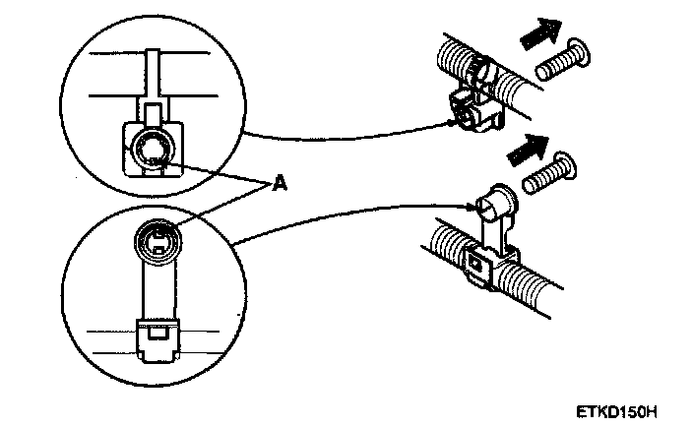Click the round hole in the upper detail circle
pos(154,151)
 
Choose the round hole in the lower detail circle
pos(157,237)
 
